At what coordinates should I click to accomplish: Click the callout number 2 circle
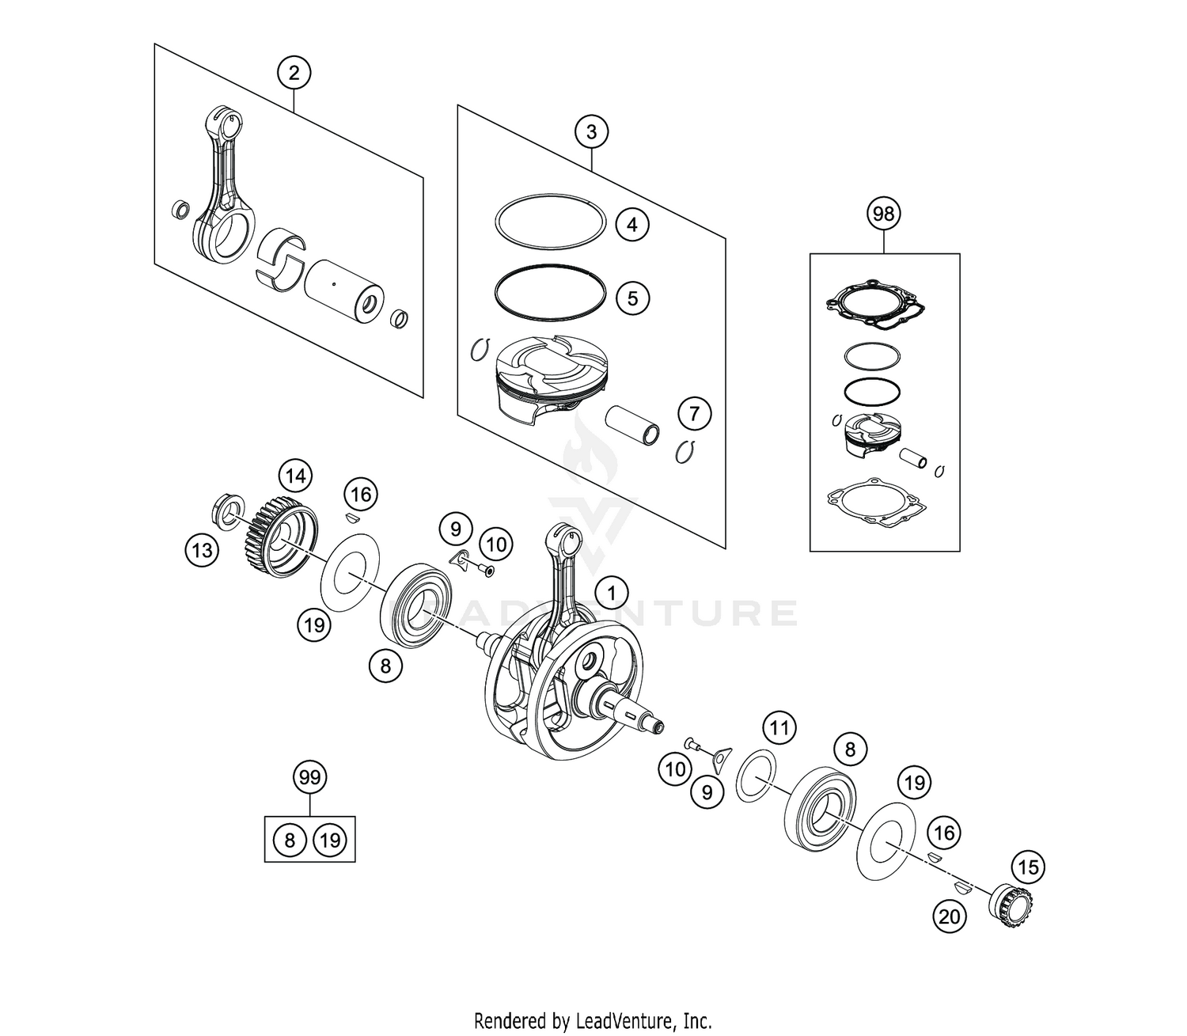click(294, 74)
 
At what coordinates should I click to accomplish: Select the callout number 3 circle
click(592, 132)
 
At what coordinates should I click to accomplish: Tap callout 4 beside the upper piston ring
click(631, 225)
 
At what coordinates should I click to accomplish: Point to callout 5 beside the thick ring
click(631, 298)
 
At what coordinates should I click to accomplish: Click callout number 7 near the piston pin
click(694, 413)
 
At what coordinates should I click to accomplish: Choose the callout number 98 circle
click(884, 214)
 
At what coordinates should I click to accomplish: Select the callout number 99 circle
click(309, 778)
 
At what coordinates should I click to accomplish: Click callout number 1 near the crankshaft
click(610, 593)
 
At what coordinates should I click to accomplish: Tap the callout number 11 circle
click(779, 727)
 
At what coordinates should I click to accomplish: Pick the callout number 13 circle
click(203, 549)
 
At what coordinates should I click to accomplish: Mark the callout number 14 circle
click(295, 476)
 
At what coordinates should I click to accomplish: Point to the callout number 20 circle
click(950, 916)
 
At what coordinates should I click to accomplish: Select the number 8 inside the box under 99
click(290, 840)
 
